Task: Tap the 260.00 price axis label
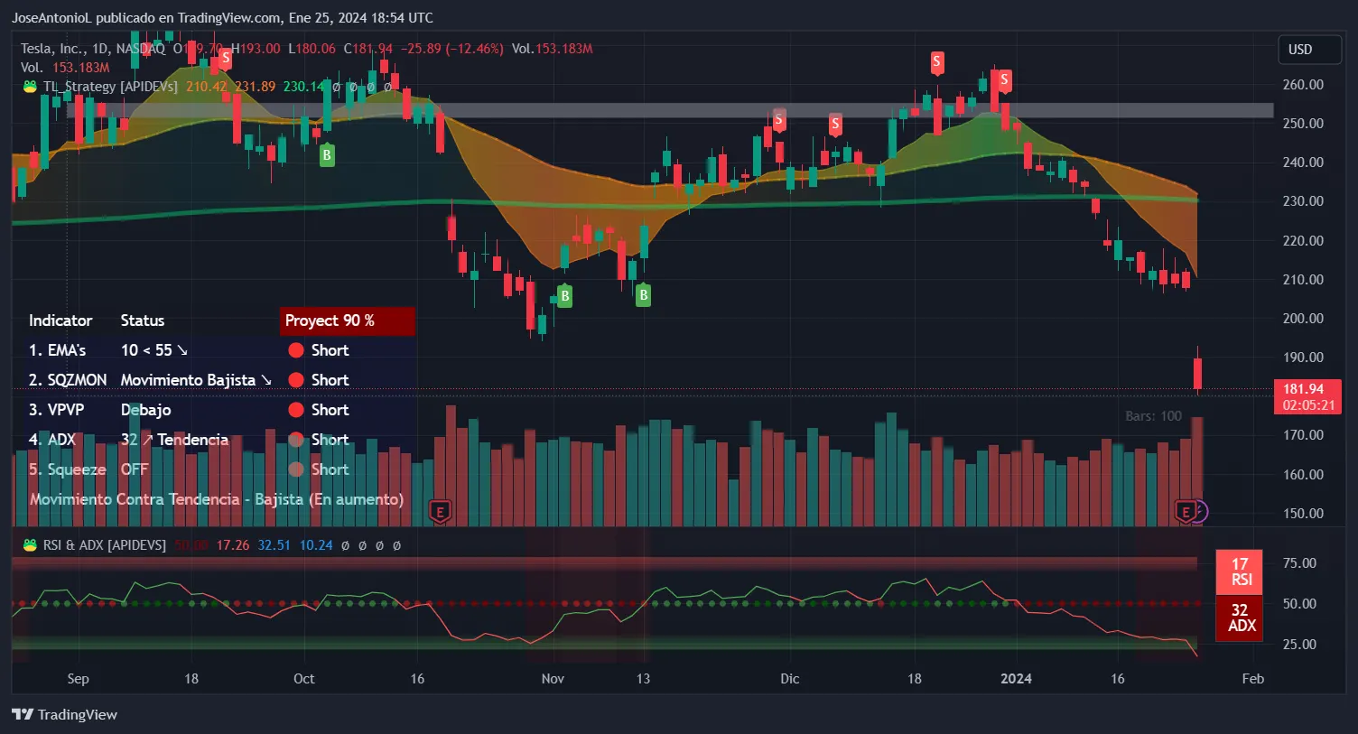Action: [x=1302, y=84]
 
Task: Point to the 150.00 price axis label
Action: [x=1302, y=513]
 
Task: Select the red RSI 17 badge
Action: [x=1240, y=571]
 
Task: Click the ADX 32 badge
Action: [x=1240, y=618]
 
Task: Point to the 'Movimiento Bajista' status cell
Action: [x=195, y=380]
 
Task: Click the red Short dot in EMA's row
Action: [x=296, y=350]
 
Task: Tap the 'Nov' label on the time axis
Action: [x=553, y=679]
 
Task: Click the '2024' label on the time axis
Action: [x=1016, y=679]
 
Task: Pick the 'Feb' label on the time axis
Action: [x=1252, y=679]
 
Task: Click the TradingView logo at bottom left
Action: [x=64, y=714]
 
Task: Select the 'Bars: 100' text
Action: [x=1153, y=416]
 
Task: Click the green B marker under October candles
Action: [x=327, y=154]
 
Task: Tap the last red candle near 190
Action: [x=1197, y=373]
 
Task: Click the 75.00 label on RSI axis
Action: [x=1299, y=562]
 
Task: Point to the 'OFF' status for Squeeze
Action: [x=134, y=469]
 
